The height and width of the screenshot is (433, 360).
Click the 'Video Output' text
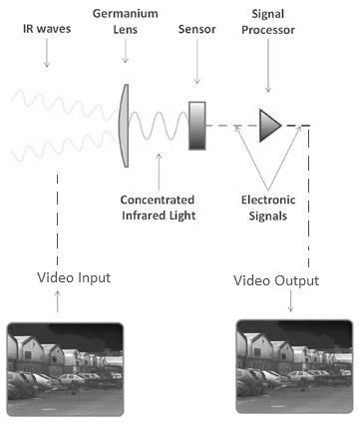[x=276, y=280]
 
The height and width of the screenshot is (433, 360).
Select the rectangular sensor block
[x=196, y=125]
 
